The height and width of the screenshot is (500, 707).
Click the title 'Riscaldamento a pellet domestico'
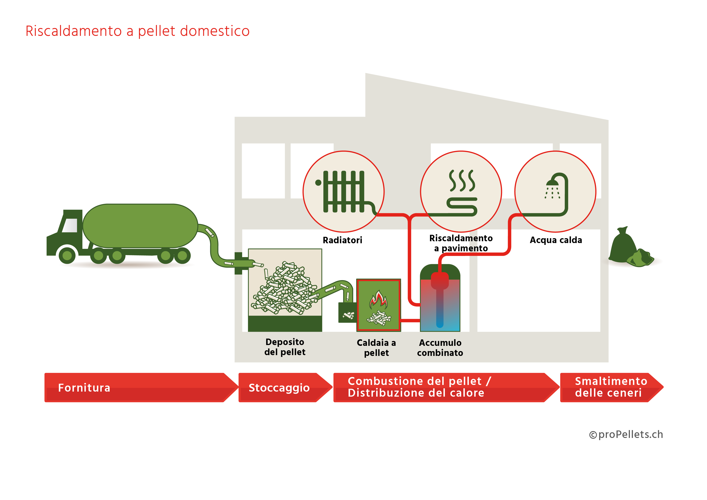click(137, 31)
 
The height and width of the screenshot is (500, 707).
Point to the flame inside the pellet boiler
click(378, 299)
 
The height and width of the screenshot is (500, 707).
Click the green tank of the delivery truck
click(140, 226)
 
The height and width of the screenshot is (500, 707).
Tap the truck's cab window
click(70, 225)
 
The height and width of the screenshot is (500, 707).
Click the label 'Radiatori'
click(342, 240)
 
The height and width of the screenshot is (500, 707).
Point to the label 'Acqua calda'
click(556, 240)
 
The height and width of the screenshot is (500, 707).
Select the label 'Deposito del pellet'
click(285, 347)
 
